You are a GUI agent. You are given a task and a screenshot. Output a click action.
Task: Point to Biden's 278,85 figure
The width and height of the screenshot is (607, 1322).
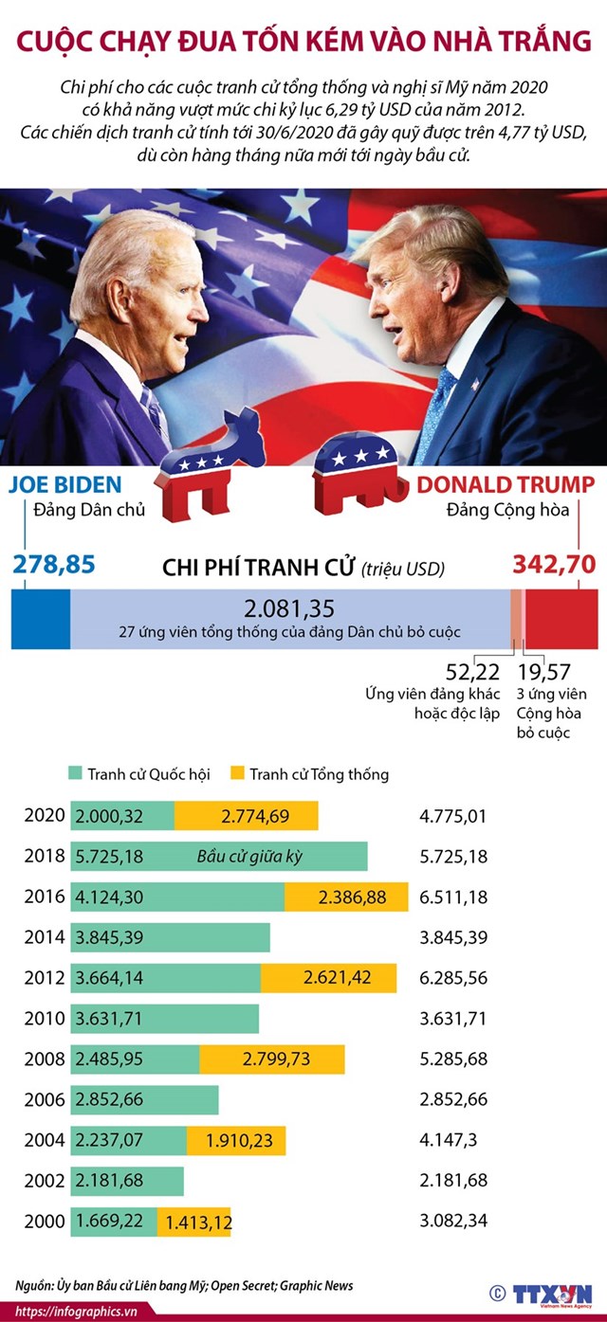coord(54,565)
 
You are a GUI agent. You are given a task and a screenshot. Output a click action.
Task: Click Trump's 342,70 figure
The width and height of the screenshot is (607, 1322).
coord(554,565)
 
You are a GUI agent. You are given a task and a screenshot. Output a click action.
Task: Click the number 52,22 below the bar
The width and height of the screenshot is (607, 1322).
coord(472,672)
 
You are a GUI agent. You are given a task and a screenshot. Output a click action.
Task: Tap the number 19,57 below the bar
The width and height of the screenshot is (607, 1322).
coord(544,672)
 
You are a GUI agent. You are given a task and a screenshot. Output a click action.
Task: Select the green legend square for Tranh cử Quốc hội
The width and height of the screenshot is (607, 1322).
coord(77,773)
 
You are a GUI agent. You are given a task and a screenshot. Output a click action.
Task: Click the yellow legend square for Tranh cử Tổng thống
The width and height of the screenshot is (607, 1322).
coord(239,773)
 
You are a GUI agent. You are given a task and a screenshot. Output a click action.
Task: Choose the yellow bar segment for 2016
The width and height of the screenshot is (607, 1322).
coord(346,896)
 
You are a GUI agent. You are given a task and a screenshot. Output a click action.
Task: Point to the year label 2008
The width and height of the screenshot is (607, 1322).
coord(45,1059)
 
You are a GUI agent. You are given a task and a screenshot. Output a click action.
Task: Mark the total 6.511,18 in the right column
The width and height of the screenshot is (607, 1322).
coord(452,896)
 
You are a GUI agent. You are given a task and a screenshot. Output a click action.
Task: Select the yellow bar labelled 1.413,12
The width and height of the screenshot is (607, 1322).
coord(194,1221)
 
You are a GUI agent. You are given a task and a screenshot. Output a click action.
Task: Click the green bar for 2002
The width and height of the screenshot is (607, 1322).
coord(127,1180)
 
